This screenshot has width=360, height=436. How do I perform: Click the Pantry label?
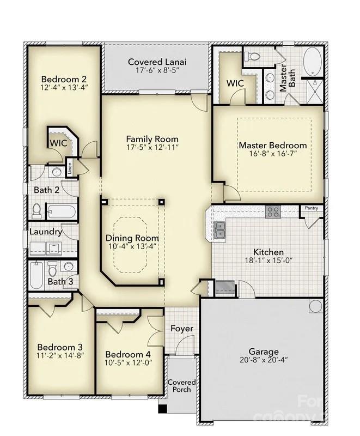click(312, 208)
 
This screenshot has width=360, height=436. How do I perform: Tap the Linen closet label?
click(70, 167)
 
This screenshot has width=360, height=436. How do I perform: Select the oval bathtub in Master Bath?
click(312, 62)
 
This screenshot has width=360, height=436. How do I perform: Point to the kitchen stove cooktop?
click(273, 212)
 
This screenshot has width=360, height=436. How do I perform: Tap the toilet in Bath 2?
click(37, 210)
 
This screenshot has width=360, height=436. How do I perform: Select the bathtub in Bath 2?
click(61, 211)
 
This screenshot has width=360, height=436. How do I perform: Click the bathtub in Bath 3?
click(36, 276)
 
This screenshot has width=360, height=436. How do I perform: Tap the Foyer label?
click(182, 329)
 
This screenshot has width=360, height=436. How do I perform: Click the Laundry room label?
click(46, 232)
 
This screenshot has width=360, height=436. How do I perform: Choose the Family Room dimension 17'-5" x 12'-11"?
click(152, 147)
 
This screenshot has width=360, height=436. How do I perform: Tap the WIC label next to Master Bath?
click(235, 83)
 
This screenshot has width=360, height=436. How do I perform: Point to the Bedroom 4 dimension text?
click(129, 362)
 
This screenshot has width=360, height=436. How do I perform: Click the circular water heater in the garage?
click(315, 306)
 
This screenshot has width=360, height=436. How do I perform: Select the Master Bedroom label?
click(273, 146)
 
